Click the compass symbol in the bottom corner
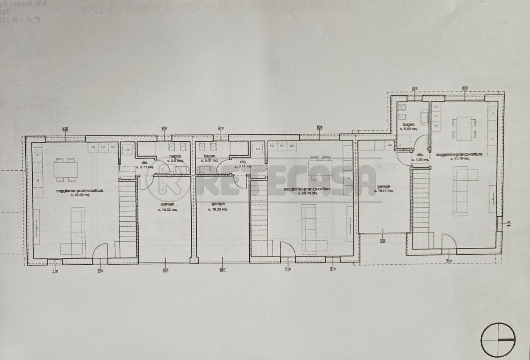click(x=498, y=340)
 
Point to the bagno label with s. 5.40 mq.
click(x=408, y=129)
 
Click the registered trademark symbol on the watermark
click(x=378, y=166)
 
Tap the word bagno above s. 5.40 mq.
click(x=408, y=124)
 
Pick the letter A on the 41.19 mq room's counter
click(x=492, y=139)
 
